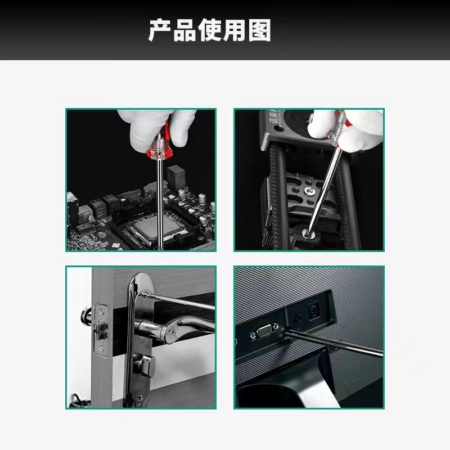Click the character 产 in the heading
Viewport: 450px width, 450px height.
pyautogui.click(x=160, y=30)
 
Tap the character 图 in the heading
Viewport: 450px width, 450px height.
pyautogui.click(x=259, y=30)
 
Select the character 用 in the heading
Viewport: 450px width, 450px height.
pyautogui.click(x=235, y=30)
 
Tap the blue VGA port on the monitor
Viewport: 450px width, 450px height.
pyautogui.click(x=264, y=331)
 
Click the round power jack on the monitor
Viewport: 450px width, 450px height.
pyautogui.click(x=313, y=312)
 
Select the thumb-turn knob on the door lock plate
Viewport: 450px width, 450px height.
pyautogui.click(x=145, y=365)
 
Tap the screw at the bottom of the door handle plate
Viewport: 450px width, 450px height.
pyautogui.click(x=140, y=397)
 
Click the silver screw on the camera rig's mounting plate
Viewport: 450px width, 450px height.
pyautogui.click(x=309, y=190)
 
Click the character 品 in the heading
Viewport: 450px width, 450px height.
pyautogui.click(x=184, y=30)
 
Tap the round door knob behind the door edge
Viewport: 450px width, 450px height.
pyautogui.click(x=86, y=316)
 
